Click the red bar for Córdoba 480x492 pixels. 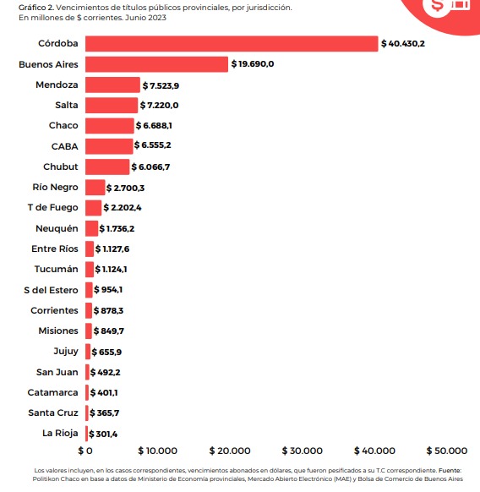point(232,44)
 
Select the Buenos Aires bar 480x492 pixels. point(156,64)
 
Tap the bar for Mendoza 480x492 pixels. point(112,85)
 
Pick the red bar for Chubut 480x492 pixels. point(107,167)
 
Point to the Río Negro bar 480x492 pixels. point(95,188)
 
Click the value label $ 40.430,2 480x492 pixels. point(403,44)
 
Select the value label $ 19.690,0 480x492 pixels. point(253,64)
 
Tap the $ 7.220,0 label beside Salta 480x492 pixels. point(159,105)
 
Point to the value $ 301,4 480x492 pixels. point(103,434)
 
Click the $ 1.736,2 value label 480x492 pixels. point(117,228)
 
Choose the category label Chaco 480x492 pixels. point(63,125)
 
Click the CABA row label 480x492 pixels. point(64,146)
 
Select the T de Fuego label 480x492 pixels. point(52,207)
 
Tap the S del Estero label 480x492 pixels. point(51,290)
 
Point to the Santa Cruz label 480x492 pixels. point(53,413)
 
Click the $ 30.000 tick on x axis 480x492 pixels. point(303,451)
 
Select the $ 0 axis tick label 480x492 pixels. point(85,451)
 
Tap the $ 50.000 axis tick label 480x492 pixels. point(447,451)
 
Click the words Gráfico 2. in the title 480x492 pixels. point(36,8)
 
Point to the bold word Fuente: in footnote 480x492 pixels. point(450,470)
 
